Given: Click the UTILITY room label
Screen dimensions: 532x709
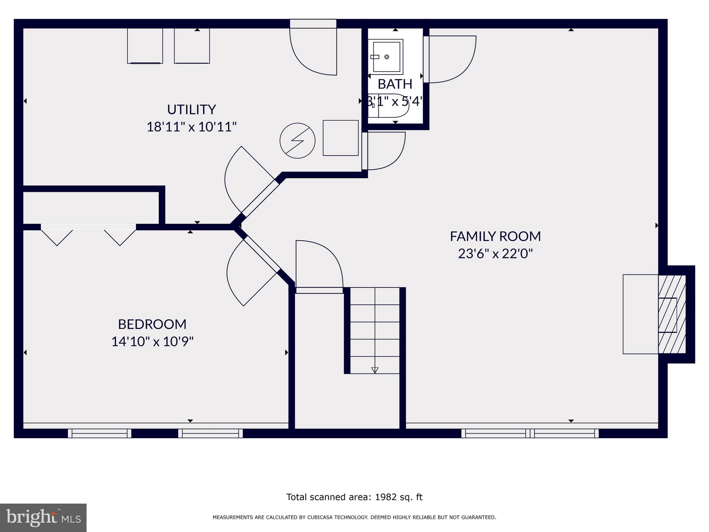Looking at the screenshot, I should [x=191, y=109].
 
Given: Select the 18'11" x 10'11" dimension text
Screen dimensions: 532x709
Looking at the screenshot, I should [x=191, y=127].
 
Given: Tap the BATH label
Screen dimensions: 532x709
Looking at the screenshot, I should [x=395, y=84].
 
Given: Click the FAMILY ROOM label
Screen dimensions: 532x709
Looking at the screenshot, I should [x=495, y=236].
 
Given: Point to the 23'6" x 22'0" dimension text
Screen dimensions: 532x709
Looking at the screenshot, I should [x=495, y=254].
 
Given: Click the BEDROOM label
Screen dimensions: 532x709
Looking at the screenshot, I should [x=152, y=324].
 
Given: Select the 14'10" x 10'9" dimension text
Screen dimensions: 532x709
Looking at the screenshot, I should [x=152, y=342].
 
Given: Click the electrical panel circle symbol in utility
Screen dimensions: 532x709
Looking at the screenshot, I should [x=297, y=141].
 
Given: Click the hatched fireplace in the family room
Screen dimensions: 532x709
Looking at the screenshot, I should [x=672, y=314].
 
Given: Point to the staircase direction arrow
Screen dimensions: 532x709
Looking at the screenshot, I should [x=375, y=370].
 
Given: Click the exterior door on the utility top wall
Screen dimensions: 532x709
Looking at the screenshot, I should [x=313, y=48].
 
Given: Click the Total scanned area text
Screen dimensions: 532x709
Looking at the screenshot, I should [x=354, y=497].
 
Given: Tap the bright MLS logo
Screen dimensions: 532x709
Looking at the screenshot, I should [x=43, y=517].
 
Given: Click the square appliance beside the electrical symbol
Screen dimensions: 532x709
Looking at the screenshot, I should [x=340, y=138].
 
